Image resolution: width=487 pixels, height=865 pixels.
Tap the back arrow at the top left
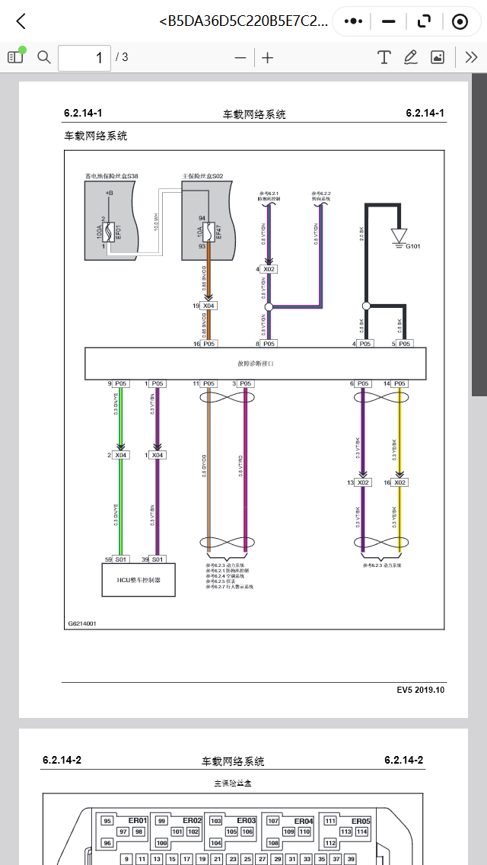[21, 21]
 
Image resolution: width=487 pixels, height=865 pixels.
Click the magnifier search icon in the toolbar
[44, 57]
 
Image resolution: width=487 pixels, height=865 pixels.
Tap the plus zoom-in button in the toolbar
[268, 57]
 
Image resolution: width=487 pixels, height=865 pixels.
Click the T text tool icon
[384, 57]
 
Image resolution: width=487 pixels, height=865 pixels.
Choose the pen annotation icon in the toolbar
[411, 57]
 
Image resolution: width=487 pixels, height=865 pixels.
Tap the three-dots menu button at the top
[353, 21]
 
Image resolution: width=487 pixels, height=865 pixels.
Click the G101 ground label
[414, 246]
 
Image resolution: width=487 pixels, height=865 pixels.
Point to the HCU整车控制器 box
[138, 580]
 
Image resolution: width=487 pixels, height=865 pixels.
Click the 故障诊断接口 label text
[255, 364]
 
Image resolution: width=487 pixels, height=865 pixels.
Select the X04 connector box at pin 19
[208, 306]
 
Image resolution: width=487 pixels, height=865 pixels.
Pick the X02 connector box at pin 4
[269, 269]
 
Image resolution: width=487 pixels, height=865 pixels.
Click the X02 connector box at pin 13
[363, 482]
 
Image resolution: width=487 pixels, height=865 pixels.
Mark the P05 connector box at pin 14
[399, 383]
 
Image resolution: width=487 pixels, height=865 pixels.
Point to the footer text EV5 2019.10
[420, 690]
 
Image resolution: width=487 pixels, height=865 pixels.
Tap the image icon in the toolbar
[438, 57]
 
